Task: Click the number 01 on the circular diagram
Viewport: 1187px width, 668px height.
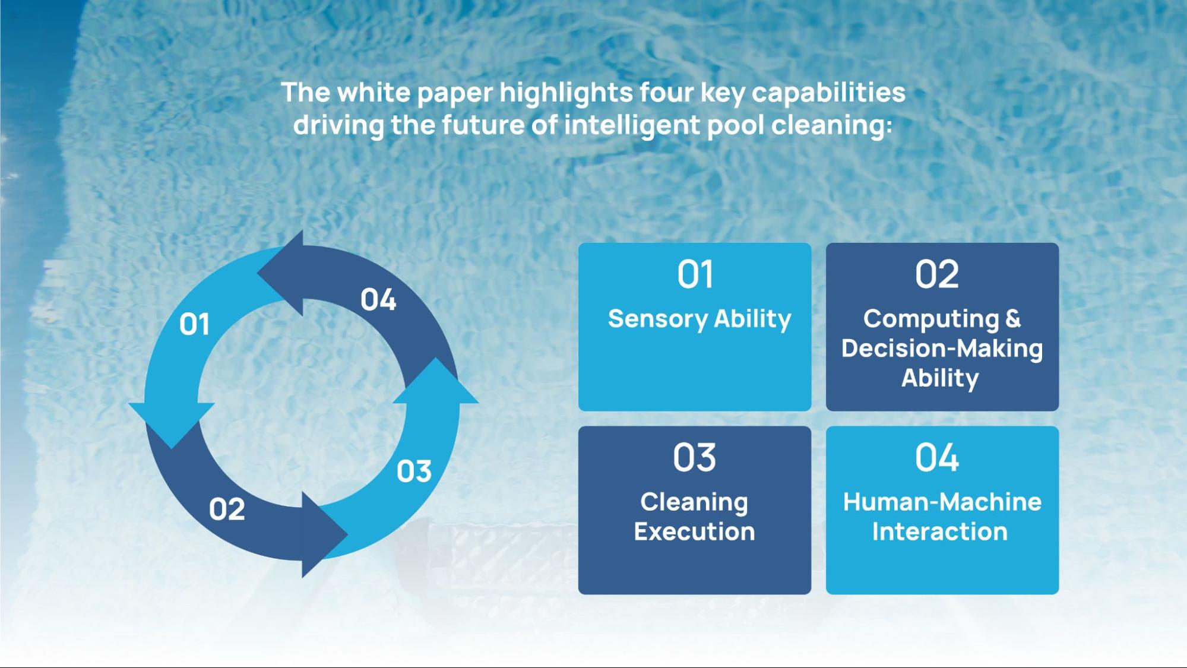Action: pyautogui.click(x=194, y=325)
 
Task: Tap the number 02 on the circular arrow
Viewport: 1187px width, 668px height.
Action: pyautogui.click(x=227, y=509)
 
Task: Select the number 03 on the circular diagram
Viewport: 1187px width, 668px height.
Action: pyautogui.click(x=414, y=471)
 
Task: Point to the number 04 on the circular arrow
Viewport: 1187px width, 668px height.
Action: pyautogui.click(x=378, y=300)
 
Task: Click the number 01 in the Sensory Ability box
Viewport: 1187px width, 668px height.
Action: pyautogui.click(x=695, y=275)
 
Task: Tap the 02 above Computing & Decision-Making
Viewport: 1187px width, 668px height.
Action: pyautogui.click(x=937, y=275)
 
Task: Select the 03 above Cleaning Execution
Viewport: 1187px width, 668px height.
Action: pyautogui.click(x=695, y=458)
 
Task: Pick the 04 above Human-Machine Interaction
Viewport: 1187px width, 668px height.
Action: pyautogui.click(x=937, y=458)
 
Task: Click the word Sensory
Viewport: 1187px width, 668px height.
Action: pyautogui.click(x=657, y=319)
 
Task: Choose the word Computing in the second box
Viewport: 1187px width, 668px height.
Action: pyautogui.click(x=931, y=319)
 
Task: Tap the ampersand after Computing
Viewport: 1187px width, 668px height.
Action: pyautogui.click(x=1013, y=318)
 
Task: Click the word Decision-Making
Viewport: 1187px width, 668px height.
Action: pyautogui.click(x=942, y=349)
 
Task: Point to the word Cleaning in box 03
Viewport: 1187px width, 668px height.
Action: pyautogui.click(x=694, y=503)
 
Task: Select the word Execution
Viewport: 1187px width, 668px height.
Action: pyautogui.click(x=694, y=531)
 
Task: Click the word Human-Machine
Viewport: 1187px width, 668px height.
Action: pyautogui.click(x=942, y=502)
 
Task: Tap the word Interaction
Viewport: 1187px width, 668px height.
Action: pyautogui.click(x=939, y=531)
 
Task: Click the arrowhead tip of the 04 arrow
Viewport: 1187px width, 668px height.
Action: pyautogui.click(x=257, y=274)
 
